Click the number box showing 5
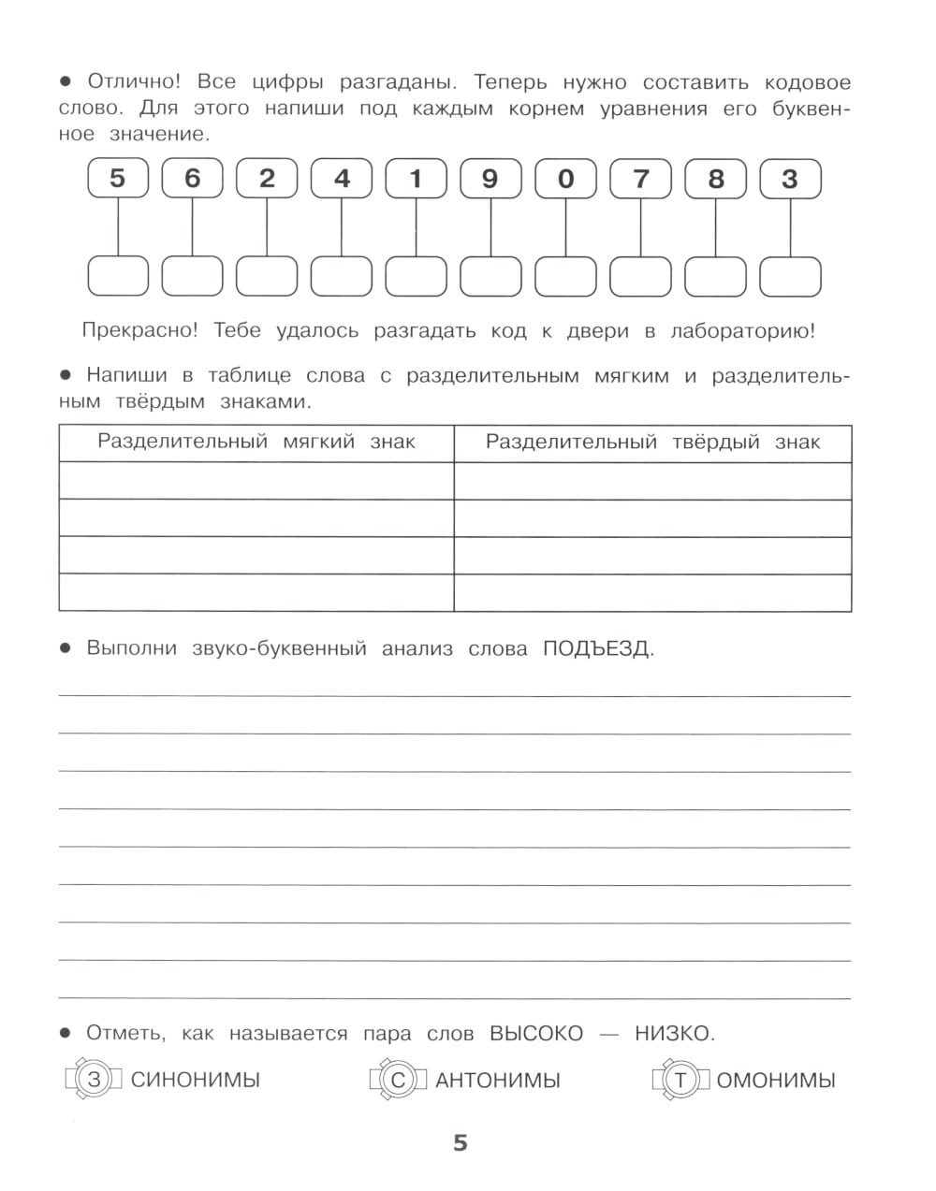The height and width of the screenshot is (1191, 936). point(117,178)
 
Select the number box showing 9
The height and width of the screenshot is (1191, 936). point(490,178)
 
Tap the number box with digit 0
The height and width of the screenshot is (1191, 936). point(565,178)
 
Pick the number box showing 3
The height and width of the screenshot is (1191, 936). point(790,178)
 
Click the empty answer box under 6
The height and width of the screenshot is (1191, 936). point(192,276)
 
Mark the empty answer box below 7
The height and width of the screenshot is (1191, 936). point(640,276)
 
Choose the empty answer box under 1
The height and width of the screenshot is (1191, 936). point(417,276)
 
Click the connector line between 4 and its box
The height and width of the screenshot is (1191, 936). point(342,226)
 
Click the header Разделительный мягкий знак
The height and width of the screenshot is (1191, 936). point(256,442)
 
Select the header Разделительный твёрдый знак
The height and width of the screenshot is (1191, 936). point(652,442)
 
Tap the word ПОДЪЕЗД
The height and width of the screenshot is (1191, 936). point(596,648)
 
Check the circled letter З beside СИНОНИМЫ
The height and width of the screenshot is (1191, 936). point(94,1080)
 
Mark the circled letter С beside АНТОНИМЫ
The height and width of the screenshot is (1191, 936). point(398,1081)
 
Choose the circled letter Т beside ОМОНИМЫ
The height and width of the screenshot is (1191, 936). point(680,1081)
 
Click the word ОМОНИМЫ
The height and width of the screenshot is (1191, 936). point(776,1081)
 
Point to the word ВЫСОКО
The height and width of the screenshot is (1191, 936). point(535,1034)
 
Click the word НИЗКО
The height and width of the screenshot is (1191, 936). point(672,1034)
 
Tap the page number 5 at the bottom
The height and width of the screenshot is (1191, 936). point(460,1143)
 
